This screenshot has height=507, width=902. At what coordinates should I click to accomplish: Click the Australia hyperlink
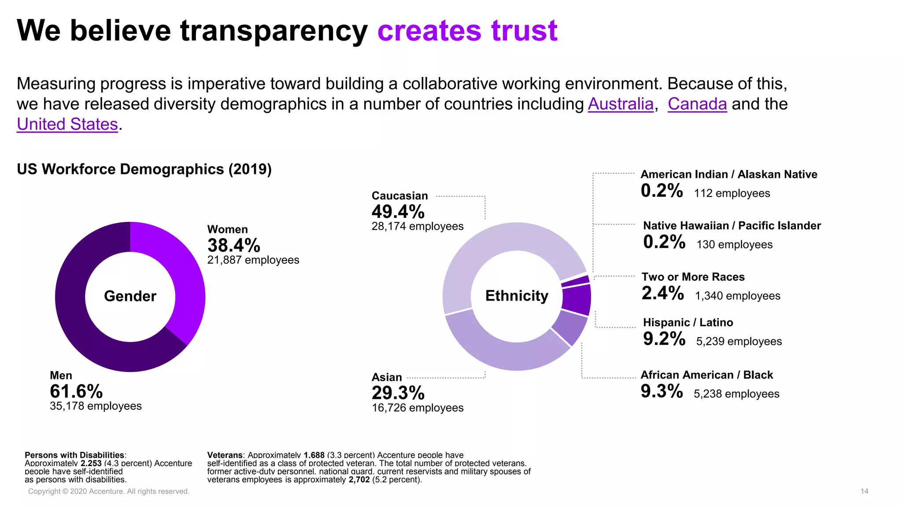[x=620, y=104]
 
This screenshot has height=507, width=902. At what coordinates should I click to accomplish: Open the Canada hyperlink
[x=697, y=104]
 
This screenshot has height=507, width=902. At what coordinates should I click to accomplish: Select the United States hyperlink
[x=67, y=125]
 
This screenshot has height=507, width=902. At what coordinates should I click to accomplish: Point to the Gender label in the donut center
[x=130, y=296]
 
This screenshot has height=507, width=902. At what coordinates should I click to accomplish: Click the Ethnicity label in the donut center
[x=517, y=296]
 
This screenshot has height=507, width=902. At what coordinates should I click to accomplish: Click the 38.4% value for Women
[x=233, y=246]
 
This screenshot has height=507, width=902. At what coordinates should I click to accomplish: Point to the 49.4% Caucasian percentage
[x=398, y=212]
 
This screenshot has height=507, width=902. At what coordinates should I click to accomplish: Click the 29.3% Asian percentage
[x=398, y=393]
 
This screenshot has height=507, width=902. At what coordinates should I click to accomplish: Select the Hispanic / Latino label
[x=688, y=323]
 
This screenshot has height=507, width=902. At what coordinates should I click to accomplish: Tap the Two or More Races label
[x=693, y=277]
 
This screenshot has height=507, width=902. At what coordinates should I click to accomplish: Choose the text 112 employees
[x=732, y=194]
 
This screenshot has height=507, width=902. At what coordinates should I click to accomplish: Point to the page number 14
[x=864, y=491]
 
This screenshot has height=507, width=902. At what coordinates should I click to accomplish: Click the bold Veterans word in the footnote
[x=225, y=455]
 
